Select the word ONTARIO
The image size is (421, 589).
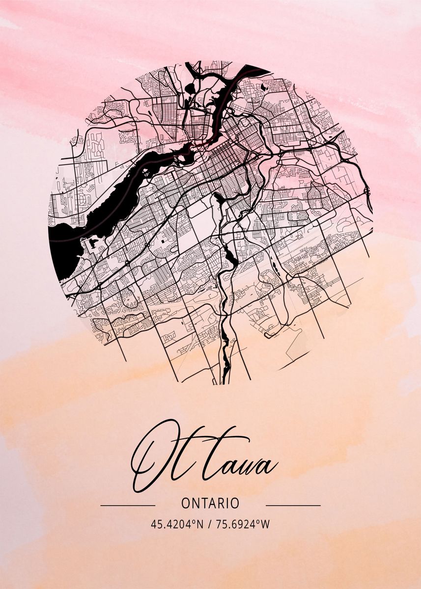click(x=210, y=504)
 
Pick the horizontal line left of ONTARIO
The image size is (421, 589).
click(x=128, y=505)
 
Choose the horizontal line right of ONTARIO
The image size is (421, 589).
click(x=293, y=505)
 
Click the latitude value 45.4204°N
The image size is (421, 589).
click(x=177, y=524)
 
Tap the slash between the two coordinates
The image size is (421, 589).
click(x=210, y=524)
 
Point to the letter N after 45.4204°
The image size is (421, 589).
click(x=199, y=524)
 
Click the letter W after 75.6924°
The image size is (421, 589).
click(x=265, y=524)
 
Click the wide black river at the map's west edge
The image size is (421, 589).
click(x=61, y=245)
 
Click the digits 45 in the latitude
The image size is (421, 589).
click(x=156, y=524)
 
